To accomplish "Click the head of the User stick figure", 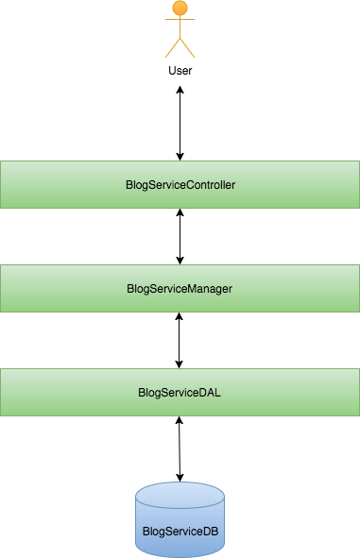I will pos(179,9).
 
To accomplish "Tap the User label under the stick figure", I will pos(180,71).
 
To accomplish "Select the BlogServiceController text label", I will pos(180,185).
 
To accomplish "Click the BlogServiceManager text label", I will pos(180,288).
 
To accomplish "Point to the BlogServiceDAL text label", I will pos(180,392).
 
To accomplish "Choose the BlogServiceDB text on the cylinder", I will pos(180,531).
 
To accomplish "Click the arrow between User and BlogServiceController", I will pos(180,123).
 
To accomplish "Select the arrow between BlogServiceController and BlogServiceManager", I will pos(180,236).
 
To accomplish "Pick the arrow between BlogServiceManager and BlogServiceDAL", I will pos(180,340).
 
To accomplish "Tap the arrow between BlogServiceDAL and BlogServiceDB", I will pos(180,448).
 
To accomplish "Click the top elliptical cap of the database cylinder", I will pos(180,494).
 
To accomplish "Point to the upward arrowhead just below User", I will pos(180,91).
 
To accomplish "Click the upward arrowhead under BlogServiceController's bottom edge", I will pos(180,214).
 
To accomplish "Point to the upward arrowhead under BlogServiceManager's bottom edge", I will pos(180,318).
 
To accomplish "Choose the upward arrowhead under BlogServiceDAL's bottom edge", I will pos(180,422).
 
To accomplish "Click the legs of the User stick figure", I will pos(180,49).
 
